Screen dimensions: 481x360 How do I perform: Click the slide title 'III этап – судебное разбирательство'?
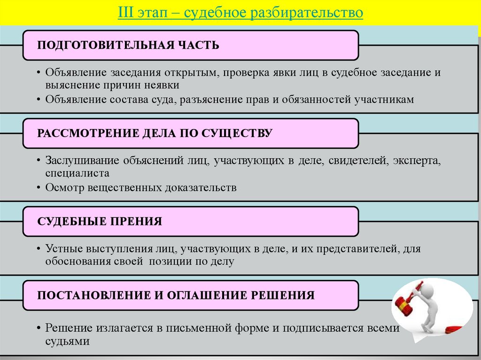tap(240, 12)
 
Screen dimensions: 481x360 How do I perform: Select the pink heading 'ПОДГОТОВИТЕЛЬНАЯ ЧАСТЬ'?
tap(128, 46)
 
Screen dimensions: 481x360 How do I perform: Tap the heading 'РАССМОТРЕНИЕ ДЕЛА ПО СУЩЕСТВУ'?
tap(155, 133)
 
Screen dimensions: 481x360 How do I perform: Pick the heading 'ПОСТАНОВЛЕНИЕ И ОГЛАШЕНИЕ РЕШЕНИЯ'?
tap(176, 295)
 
